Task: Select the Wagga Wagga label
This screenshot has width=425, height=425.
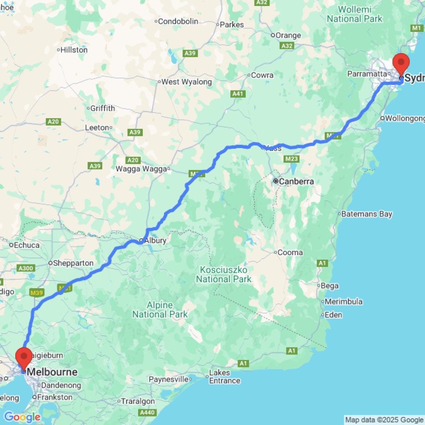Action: coord(142,169)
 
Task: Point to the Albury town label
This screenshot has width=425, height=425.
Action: coord(155,241)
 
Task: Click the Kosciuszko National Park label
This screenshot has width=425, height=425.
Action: coord(224,275)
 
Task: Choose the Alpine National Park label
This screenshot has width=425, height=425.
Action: coord(160,310)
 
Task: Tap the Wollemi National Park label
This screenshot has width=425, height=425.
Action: coord(355,14)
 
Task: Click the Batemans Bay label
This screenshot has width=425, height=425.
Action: coord(368,214)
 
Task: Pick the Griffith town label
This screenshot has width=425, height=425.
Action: coord(102,108)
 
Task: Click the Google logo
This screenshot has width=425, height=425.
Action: coord(22,417)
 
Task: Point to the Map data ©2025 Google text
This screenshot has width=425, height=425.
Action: coord(384,420)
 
